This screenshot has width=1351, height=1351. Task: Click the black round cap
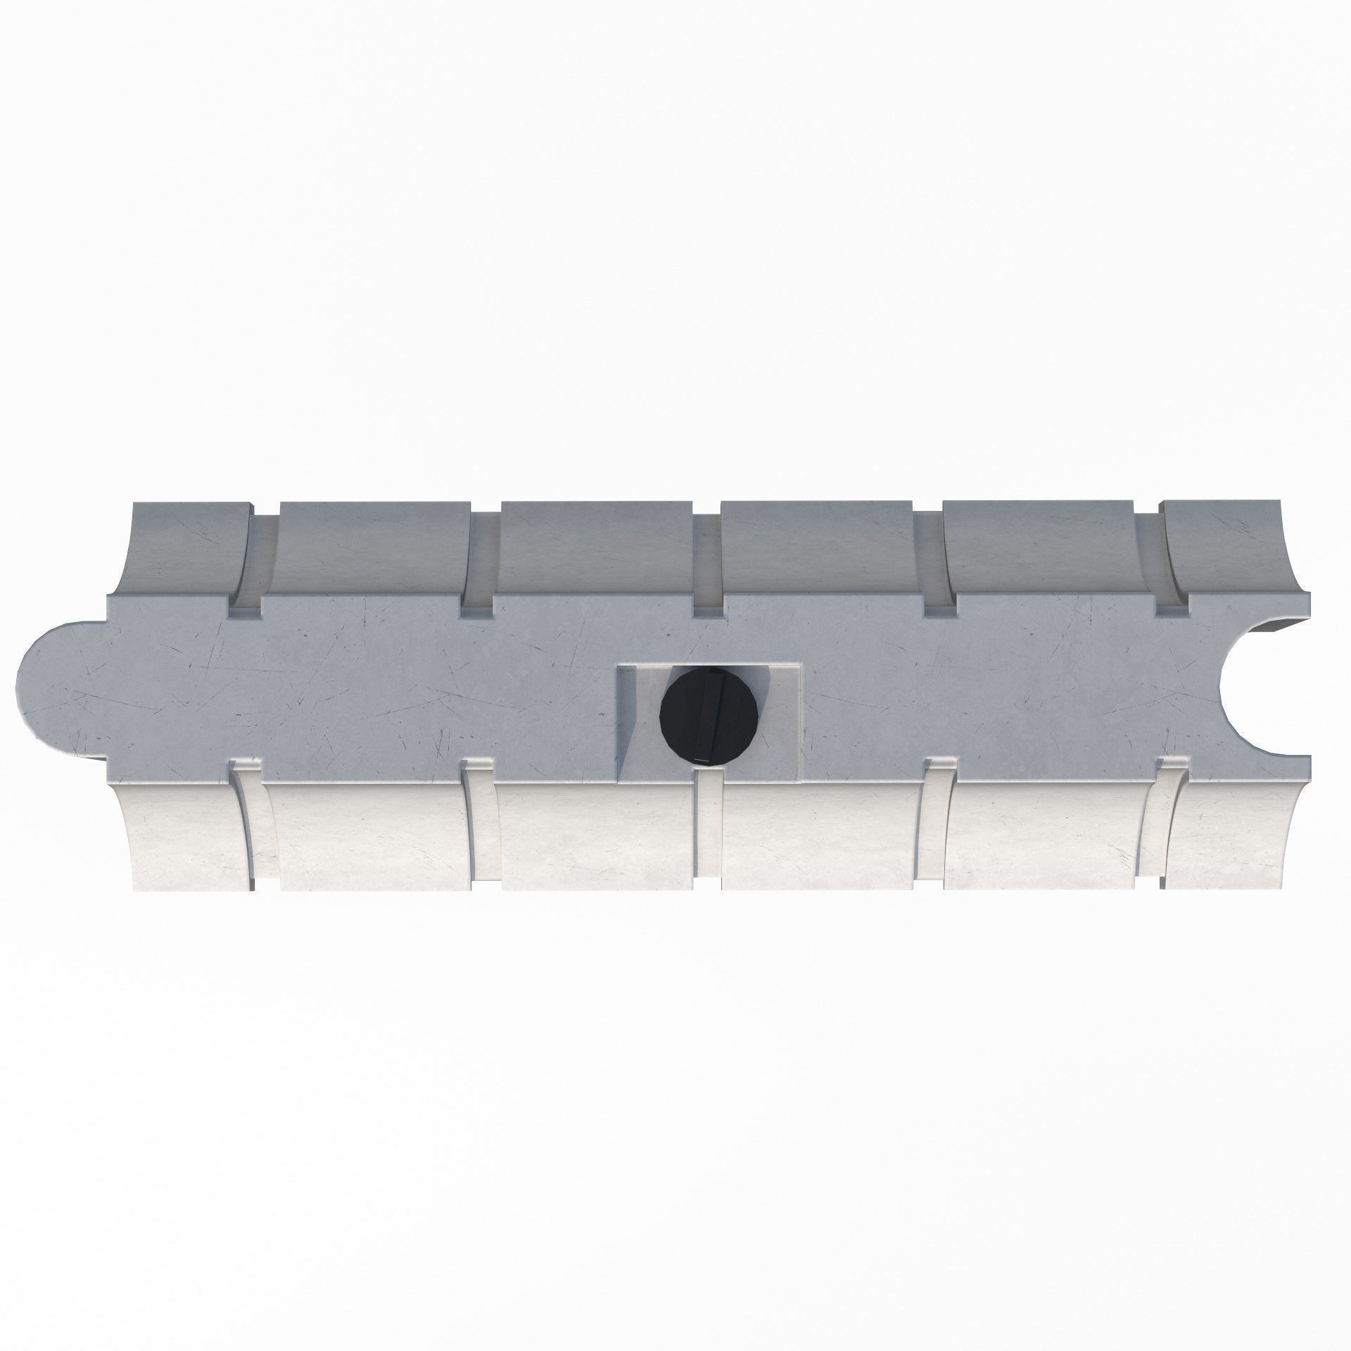(709, 716)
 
